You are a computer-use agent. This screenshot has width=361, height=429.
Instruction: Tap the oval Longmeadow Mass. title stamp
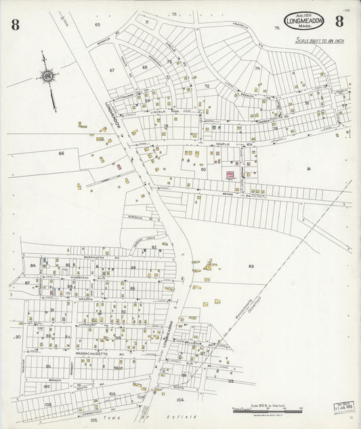[304, 21]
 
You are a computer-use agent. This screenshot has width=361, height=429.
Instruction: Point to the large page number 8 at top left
[15, 26]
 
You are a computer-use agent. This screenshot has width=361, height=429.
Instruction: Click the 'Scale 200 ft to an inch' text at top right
[319, 41]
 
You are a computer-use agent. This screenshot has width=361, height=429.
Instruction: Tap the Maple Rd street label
[224, 145]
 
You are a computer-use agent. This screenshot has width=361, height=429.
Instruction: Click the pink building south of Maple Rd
[230, 175]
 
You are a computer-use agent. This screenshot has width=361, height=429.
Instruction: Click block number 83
[251, 266]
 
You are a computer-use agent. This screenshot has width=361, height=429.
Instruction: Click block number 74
[257, 69]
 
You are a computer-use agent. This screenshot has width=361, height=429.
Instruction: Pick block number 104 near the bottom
[179, 400]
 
